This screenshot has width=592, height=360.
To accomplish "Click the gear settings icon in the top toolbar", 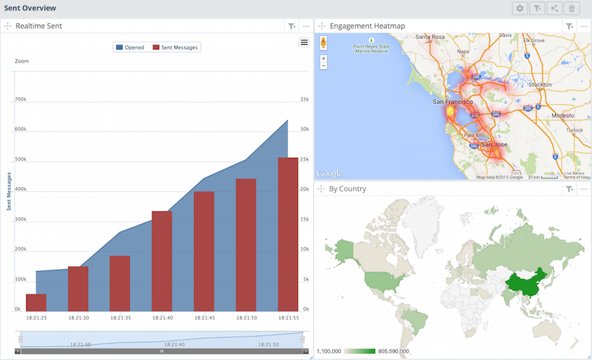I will click(x=520, y=9).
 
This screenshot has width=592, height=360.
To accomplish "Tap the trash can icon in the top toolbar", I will click(x=572, y=9).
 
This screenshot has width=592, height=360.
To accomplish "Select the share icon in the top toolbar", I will click(x=555, y=9).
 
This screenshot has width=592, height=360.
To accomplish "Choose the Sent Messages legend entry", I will click(x=176, y=47).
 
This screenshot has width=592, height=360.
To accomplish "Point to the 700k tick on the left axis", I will click(x=20, y=99).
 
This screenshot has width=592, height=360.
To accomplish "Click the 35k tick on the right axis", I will click(x=305, y=99).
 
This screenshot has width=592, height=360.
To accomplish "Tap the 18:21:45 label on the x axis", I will click(x=204, y=318).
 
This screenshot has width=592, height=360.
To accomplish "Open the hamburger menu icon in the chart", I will click(x=304, y=42).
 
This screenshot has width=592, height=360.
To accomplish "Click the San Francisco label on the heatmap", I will click(x=453, y=103).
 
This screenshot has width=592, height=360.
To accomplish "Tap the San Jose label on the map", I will click(x=494, y=144).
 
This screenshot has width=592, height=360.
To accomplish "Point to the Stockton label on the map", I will click(x=539, y=84).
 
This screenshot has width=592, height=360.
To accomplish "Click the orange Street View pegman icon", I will click(x=324, y=43).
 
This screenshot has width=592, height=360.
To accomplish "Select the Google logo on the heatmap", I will click(x=330, y=174).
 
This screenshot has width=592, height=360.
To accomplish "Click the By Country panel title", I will click(x=347, y=189).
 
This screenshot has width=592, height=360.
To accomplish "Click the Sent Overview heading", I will click(x=30, y=8).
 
